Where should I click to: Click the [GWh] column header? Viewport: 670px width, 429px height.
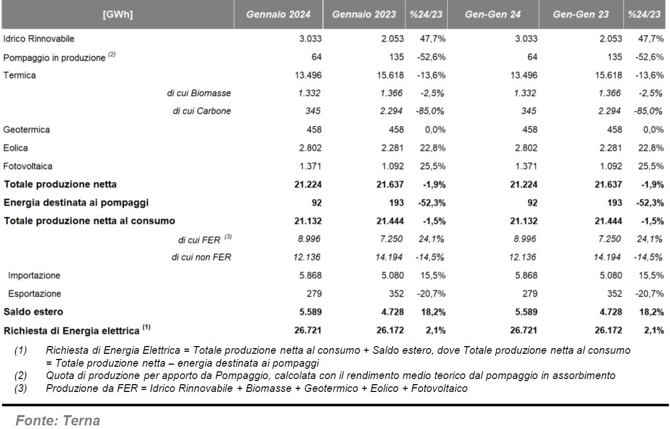click(x=117, y=14)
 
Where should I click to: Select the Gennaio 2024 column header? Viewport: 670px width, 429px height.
click(x=278, y=14)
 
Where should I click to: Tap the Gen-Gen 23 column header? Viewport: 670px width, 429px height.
click(x=580, y=14)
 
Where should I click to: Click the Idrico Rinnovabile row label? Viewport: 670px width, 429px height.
click(x=39, y=39)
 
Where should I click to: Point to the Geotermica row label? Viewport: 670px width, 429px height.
click(x=26, y=130)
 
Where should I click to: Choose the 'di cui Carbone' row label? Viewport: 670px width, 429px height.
click(x=202, y=111)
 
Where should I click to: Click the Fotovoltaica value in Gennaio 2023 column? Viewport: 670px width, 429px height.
click(x=393, y=166)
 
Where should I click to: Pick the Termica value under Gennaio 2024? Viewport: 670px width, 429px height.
click(x=308, y=75)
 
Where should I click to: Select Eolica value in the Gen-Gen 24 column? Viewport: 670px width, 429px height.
click(x=526, y=148)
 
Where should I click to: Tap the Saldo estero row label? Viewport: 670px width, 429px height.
click(x=33, y=312)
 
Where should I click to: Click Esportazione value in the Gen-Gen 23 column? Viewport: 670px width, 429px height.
click(x=614, y=294)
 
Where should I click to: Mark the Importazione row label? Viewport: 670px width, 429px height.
click(x=34, y=276)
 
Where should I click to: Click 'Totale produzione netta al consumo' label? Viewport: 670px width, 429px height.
click(x=90, y=221)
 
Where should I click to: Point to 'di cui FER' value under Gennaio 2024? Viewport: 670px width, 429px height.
click(x=309, y=239)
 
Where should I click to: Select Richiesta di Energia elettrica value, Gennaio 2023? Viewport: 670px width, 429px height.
click(x=390, y=330)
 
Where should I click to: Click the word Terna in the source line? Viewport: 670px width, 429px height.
click(x=81, y=421)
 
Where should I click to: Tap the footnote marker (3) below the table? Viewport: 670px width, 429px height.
click(x=21, y=388)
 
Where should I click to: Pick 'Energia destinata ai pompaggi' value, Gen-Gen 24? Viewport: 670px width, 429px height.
click(x=532, y=203)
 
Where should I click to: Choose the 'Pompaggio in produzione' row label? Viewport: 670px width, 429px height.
click(x=54, y=58)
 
